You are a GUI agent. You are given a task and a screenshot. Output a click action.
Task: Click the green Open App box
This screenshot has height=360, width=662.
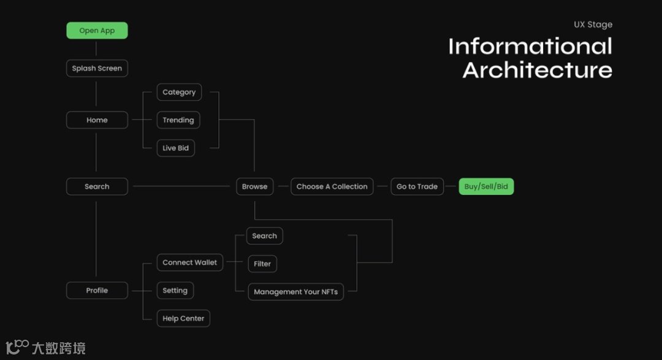click(x=97, y=31)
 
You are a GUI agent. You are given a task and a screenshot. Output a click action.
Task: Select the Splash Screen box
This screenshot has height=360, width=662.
click(x=97, y=68)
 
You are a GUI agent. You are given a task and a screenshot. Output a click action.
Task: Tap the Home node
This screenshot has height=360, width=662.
click(x=97, y=120)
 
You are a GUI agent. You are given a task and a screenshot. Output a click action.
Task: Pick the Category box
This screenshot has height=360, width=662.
click(x=179, y=92)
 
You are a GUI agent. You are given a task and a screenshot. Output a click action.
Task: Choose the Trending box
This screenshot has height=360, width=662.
click(x=178, y=120)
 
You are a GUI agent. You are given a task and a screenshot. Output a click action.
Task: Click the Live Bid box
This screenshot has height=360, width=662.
click(x=176, y=148)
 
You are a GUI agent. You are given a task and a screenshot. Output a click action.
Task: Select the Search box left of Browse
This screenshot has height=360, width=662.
click(x=97, y=186)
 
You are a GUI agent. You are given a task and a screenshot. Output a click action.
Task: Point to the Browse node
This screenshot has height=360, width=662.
click(x=254, y=186)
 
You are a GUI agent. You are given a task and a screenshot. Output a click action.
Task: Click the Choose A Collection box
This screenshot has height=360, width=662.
click(x=332, y=186)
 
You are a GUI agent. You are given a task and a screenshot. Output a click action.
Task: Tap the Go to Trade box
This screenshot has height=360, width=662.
click(x=417, y=186)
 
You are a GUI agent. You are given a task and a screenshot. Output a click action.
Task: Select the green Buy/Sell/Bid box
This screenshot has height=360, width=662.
click(x=486, y=186)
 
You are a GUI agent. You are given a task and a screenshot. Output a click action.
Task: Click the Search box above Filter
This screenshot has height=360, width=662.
click(x=264, y=236)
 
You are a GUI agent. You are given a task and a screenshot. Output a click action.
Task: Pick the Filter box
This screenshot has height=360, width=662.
click(x=262, y=264)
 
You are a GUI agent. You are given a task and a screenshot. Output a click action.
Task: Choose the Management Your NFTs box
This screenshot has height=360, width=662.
click(x=295, y=292)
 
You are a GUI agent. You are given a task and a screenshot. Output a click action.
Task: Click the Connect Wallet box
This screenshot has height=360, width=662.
click(x=189, y=262)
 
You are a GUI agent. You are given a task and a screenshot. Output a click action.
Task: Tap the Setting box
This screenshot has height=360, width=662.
click(x=175, y=291)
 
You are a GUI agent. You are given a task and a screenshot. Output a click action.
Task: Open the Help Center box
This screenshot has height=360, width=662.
click(x=183, y=318)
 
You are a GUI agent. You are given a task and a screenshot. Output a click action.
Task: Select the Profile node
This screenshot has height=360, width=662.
click(x=97, y=291)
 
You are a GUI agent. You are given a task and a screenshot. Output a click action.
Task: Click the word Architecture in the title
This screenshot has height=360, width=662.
click(x=537, y=70)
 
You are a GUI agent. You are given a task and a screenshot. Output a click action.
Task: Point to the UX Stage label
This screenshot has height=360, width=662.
click(x=593, y=25)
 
